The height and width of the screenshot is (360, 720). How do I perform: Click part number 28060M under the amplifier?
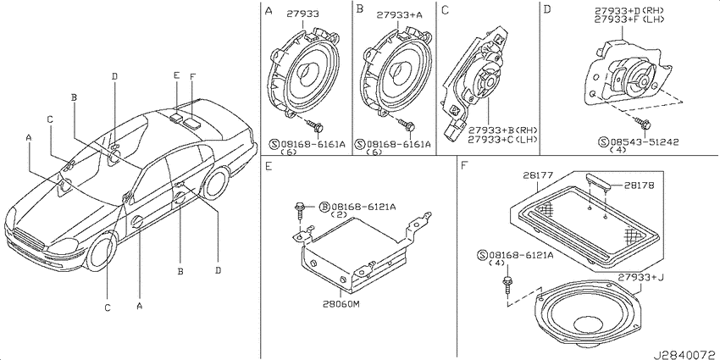pos(341,305)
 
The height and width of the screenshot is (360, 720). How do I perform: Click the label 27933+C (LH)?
pos(503,139)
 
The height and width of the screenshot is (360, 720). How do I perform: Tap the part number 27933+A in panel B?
pos(400,14)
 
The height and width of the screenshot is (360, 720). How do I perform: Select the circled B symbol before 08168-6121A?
pos(324,207)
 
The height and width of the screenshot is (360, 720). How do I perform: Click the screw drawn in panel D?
pos(640,122)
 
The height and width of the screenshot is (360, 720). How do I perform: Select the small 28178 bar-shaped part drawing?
pos(599,180)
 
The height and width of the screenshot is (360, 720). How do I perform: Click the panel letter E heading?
pos(269,166)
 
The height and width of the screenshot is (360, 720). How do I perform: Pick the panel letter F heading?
pos(464,166)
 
